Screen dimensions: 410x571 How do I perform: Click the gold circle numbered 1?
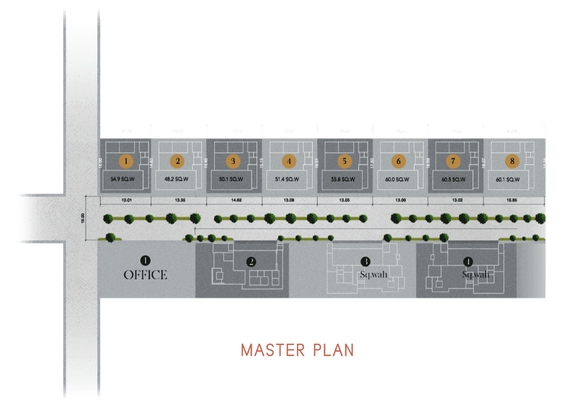point(126,161)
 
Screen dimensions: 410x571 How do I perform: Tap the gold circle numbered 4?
point(289,161)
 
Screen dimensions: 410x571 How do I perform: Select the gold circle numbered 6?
point(399,161)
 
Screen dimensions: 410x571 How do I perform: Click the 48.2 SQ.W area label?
point(177,179)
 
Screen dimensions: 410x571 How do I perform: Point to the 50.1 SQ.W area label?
point(233,179)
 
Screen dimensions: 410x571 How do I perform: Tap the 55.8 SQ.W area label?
point(344,179)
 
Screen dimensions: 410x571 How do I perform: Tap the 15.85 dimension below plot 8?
point(511,201)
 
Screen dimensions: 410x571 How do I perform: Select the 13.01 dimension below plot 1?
point(127,201)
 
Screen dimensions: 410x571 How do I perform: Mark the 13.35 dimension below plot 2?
point(181,201)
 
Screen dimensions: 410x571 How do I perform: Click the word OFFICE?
point(145,275)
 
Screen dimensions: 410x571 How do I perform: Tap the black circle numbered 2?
point(251,262)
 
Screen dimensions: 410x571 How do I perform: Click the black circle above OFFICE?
point(145,260)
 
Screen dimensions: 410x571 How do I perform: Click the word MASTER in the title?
point(272,350)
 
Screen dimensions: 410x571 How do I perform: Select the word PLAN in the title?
point(334,350)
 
